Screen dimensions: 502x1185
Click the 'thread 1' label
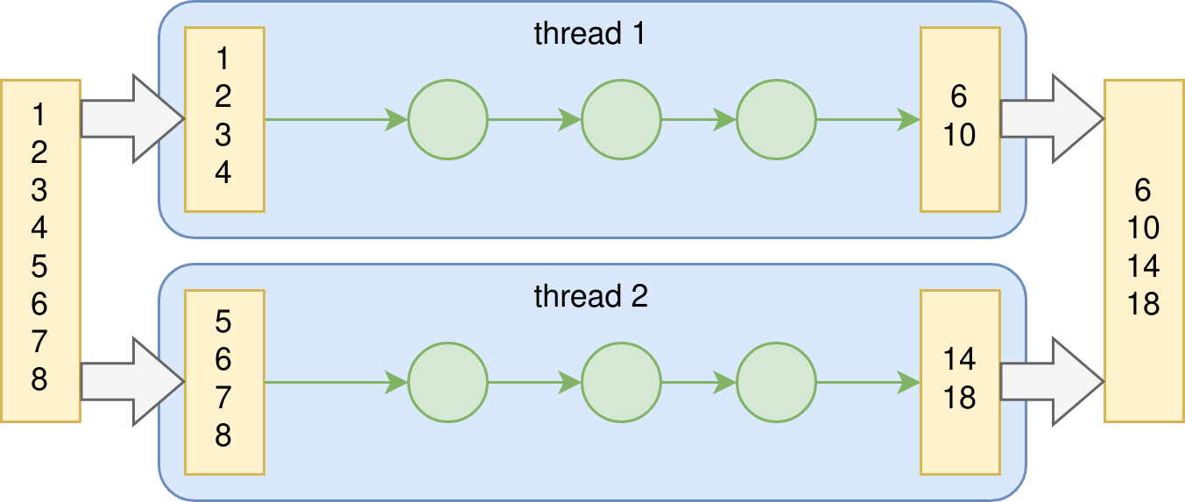point(590,34)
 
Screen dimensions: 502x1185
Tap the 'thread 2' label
point(590,297)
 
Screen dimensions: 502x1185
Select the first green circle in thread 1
point(447,119)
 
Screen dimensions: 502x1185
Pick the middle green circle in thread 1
point(620,119)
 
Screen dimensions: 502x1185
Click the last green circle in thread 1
point(776,119)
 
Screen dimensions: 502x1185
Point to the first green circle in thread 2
point(447,382)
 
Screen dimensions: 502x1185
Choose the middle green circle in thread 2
point(620,382)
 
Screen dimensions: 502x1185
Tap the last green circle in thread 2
point(776,382)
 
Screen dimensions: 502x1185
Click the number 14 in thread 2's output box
point(960,359)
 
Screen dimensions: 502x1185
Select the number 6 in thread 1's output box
point(960,96)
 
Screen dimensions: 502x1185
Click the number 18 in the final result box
point(1143,304)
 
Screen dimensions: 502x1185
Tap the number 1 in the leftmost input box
point(39,114)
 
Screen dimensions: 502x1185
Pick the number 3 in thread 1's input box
point(223,135)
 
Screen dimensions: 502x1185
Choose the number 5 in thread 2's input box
point(223,322)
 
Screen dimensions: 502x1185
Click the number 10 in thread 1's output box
point(960,135)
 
